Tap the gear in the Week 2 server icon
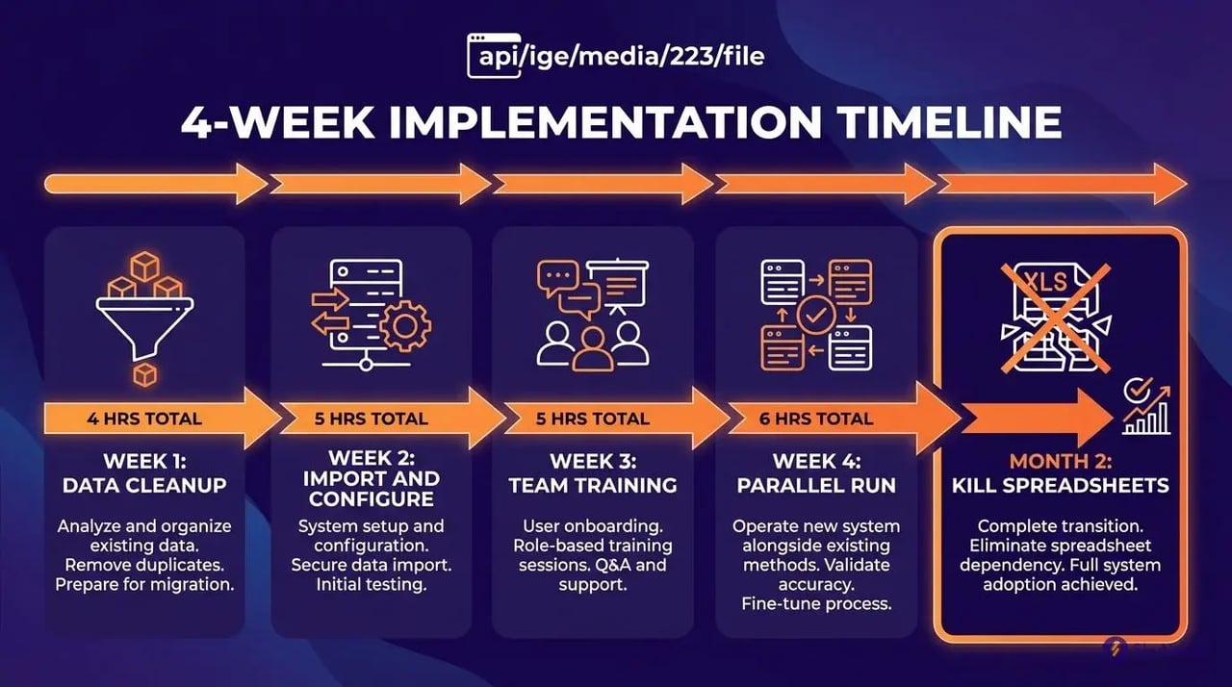coord(404,326)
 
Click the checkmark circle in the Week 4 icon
coord(818,315)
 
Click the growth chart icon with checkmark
coord(1146,406)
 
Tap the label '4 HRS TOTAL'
coord(144,419)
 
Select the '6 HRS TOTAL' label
coord(815,419)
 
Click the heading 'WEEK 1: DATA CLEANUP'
coord(144,473)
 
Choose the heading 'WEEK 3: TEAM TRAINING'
coord(593,473)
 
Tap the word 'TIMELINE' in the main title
coord(951,124)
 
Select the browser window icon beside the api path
coord(486,55)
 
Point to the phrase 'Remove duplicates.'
coord(144,564)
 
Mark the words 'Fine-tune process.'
coord(816,603)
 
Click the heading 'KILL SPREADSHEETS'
coord(1060,485)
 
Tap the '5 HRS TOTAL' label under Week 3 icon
coord(591,419)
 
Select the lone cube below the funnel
coord(144,374)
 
